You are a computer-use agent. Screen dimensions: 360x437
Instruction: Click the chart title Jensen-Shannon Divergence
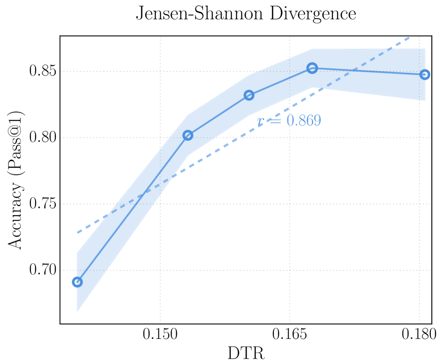click(x=245, y=14)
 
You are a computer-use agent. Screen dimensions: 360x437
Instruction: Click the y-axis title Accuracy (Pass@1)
click(x=16, y=180)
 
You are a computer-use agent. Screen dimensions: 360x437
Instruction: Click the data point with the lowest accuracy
click(x=77, y=282)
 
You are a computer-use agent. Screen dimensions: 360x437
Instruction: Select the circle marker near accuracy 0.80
click(x=188, y=135)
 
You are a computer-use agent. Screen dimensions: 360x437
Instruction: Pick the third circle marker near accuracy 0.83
click(x=249, y=95)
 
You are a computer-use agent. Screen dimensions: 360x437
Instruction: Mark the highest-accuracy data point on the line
click(x=312, y=68)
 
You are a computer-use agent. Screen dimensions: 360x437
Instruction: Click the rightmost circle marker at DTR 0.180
click(x=424, y=74)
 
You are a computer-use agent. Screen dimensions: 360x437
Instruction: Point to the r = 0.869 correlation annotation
click(x=289, y=120)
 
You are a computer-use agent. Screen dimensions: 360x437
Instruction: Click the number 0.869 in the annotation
click(x=304, y=120)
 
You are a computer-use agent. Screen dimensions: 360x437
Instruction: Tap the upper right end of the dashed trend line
click(x=409, y=38)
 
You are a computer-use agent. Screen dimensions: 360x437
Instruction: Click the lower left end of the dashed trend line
click(x=78, y=232)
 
